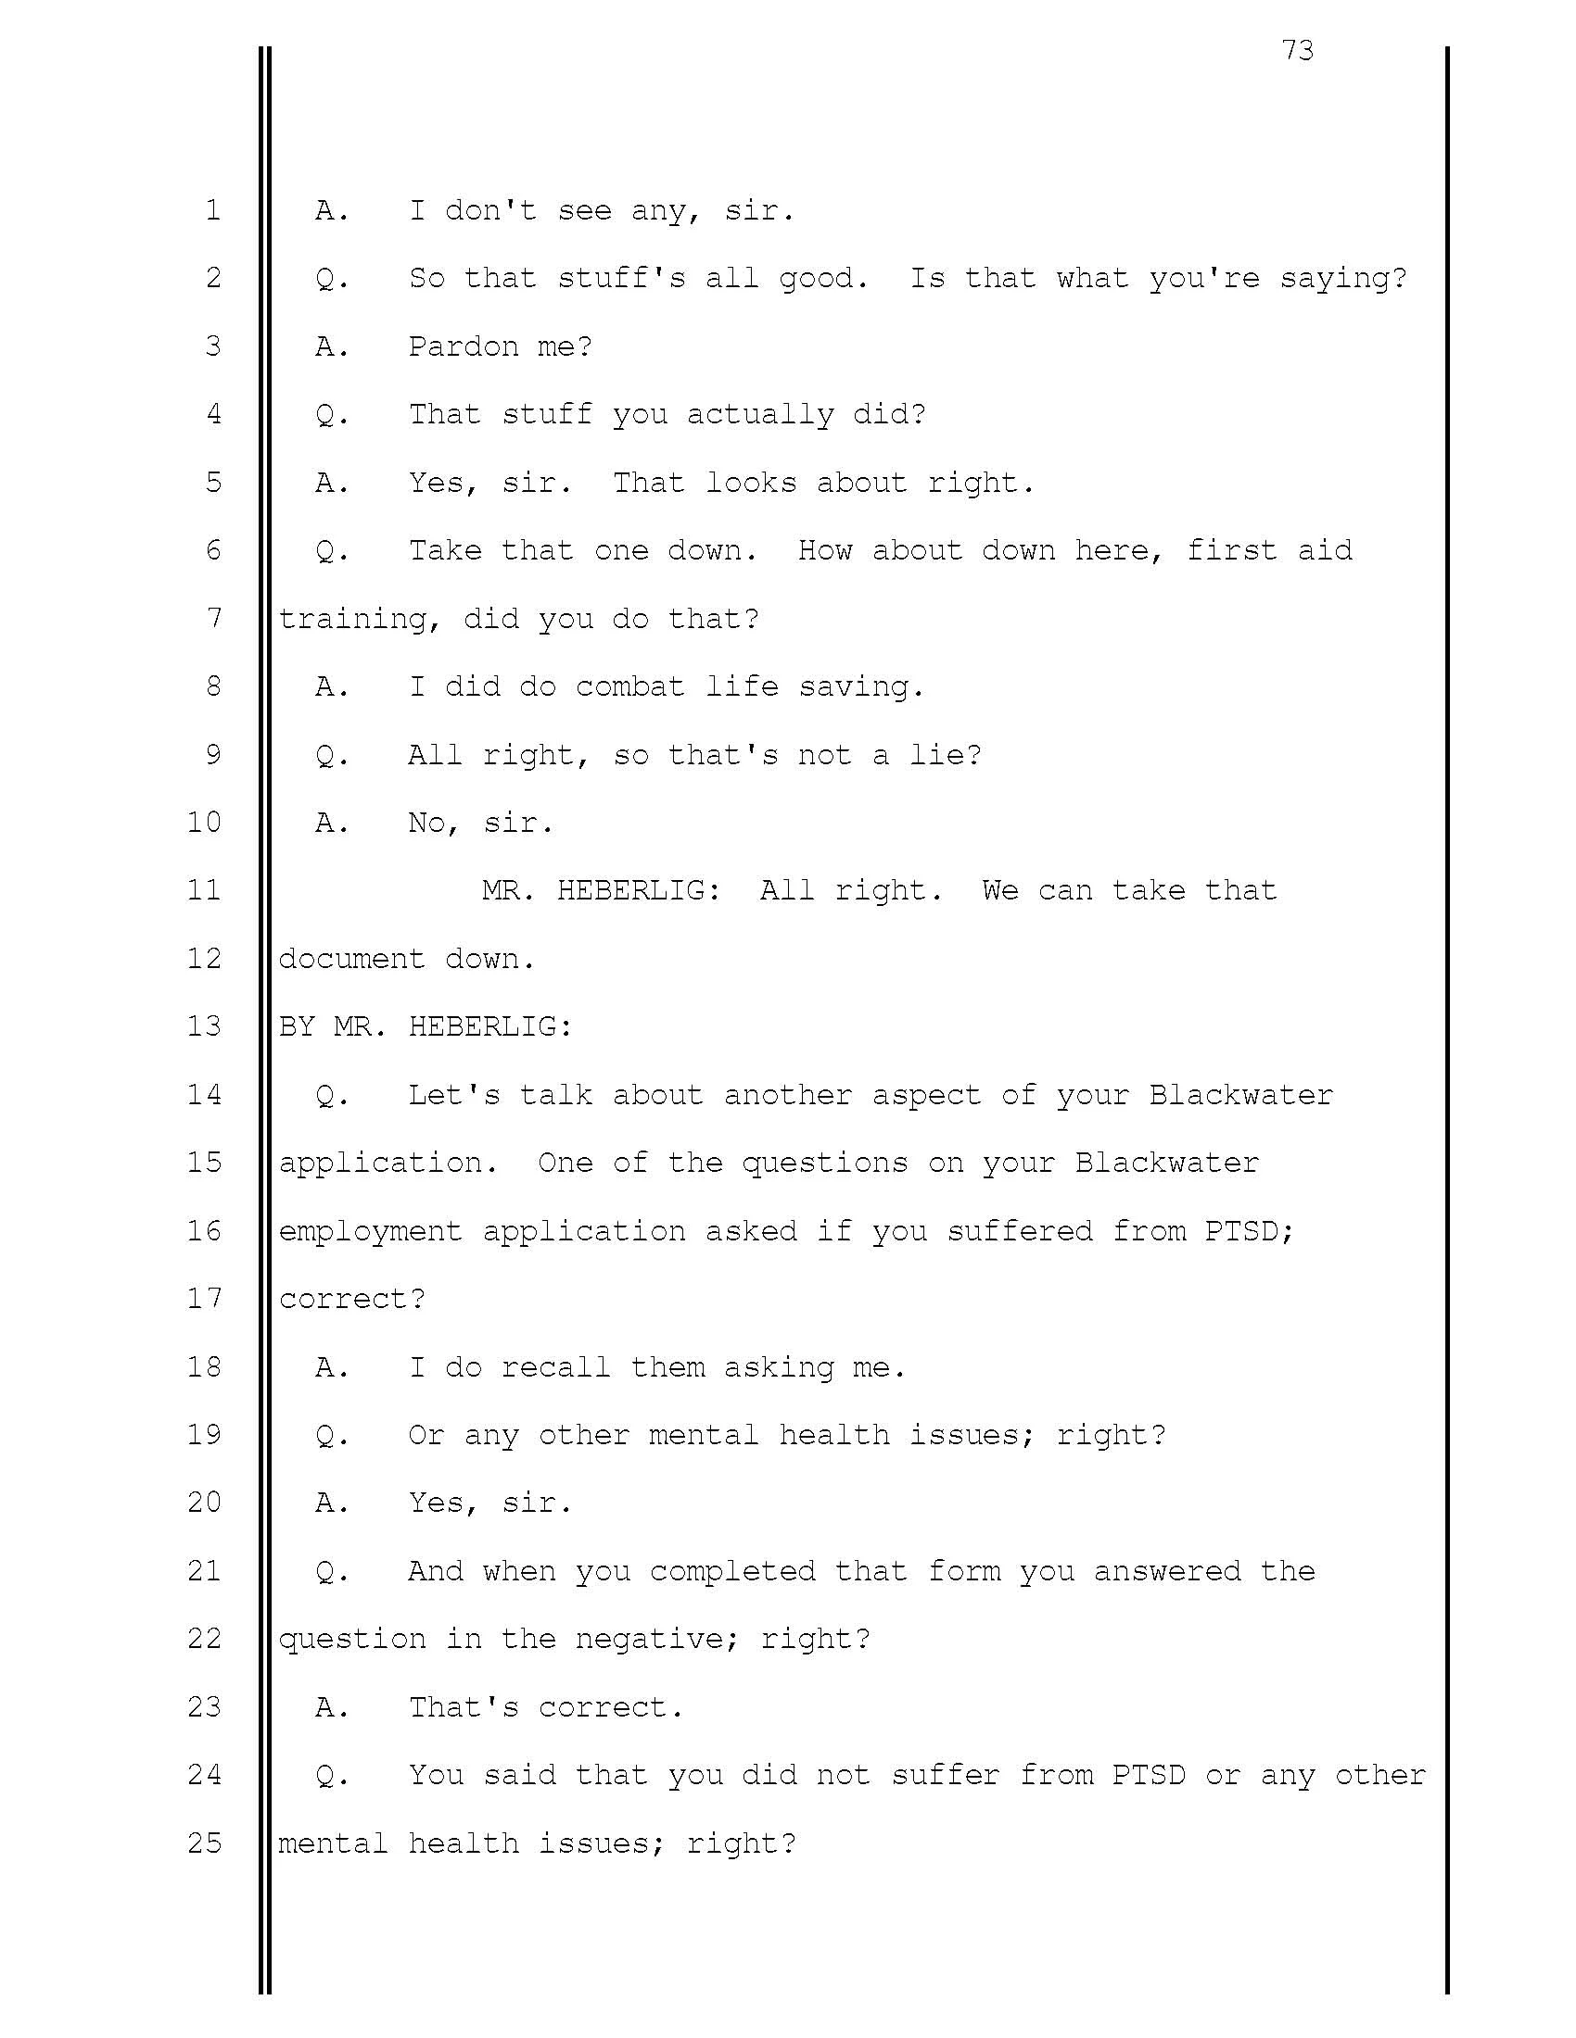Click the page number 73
point(1298,49)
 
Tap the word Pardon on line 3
point(464,346)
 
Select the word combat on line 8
point(630,686)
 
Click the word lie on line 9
point(936,755)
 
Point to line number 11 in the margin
point(205,889)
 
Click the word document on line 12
point(352,959)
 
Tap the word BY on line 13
point(297,1026)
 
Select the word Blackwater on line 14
point(1240,1095)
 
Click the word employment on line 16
point(371,1231)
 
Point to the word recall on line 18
point(555,1367)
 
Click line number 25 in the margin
point(205,1843)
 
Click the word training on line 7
point(352,619)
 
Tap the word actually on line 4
point(759,414)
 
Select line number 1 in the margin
point(214,210)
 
